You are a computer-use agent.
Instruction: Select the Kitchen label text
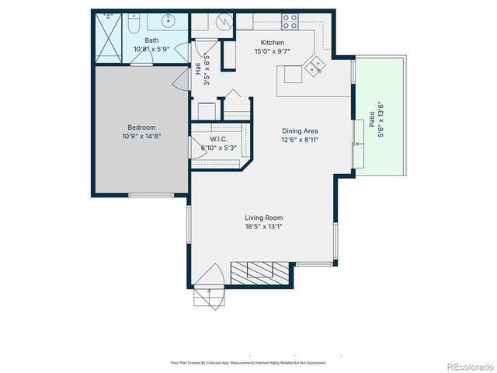[x=273, y=43]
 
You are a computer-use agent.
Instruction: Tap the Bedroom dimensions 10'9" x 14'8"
[x=141, y=136]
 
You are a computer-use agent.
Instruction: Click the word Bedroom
[x=141, y=127]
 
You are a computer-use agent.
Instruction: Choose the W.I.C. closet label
[x=217, y=138]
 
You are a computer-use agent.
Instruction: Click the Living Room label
[x=264, y=218]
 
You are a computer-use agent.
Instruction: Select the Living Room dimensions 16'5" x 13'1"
[x=264, y=227]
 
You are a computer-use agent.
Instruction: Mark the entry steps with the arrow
[x=208, y=297]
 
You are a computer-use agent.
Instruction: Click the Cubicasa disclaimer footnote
[x=248, y=362]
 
